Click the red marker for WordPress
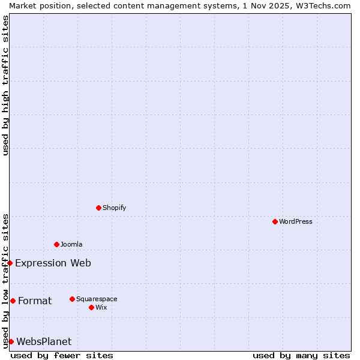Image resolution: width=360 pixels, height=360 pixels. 275,221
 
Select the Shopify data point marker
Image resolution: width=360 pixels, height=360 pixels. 98,208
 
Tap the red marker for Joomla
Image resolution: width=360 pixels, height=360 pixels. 56,244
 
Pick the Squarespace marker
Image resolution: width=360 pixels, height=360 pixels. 72,299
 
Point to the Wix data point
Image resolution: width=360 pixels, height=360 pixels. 91,307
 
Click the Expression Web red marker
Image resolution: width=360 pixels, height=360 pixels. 10,263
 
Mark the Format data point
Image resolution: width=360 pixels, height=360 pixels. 13,301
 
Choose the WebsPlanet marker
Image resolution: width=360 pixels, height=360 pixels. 11,341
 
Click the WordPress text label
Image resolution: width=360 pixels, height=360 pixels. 296,221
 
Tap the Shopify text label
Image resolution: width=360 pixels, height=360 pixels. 115,208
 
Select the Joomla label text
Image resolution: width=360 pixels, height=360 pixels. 71,244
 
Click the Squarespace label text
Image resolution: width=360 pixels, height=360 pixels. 97,299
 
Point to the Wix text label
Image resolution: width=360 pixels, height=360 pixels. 101,307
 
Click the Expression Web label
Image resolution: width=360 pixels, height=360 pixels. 53,263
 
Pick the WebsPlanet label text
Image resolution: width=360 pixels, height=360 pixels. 44,341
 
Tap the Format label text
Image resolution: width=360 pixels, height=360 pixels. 35,301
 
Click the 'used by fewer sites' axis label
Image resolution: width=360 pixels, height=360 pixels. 62,355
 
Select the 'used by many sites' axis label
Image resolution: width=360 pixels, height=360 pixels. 301,355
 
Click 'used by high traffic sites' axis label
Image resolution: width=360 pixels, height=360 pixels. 5,85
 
